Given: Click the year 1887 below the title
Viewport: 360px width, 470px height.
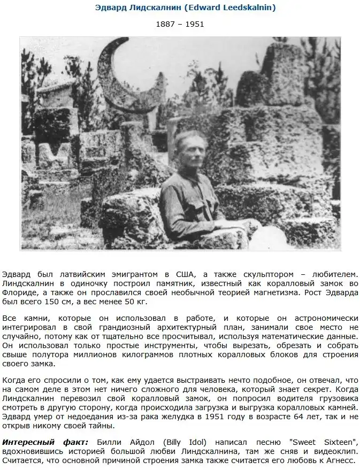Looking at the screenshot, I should (x=165, y=24).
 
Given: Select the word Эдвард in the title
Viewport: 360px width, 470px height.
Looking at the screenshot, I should (x=110, y=7).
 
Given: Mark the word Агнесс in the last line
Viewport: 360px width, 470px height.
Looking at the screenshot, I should (x=340, y=460).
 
